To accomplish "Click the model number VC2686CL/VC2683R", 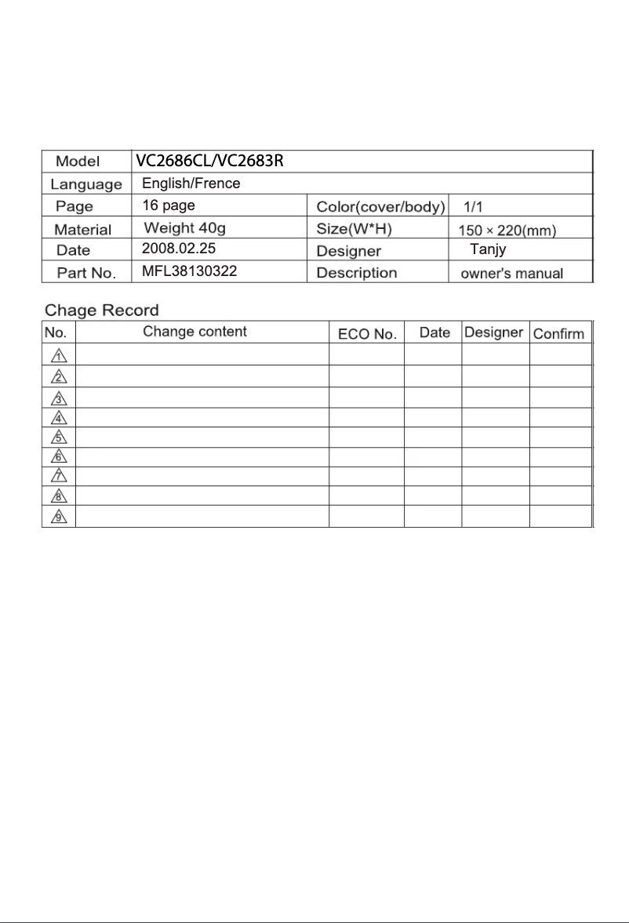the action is click(209, 162).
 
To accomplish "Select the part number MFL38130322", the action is click(188, 272).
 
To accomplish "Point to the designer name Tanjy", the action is click(488, 250).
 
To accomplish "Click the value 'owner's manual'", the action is click(511, 274).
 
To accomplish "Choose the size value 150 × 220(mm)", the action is click(507, 230).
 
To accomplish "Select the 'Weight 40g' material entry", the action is click(185, 228).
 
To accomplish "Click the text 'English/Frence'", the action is click(191, 184).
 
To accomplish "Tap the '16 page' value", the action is click(168, 205).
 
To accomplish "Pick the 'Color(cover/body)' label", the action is click(380, 207).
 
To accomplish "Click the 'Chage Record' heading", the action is click(101, 311).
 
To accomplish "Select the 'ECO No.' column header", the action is click(366, 333).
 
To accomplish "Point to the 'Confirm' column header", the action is click(558, 333).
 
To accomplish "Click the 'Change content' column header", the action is click(195, 332).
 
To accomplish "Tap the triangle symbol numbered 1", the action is click(58, 354).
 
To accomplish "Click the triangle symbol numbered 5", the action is click(58, 438).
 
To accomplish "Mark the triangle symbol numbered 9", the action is click(58, 518).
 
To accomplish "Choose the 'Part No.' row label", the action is click(86, 274).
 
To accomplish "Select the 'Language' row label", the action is click(86, 185).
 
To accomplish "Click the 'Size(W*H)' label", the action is click(354, 229).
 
